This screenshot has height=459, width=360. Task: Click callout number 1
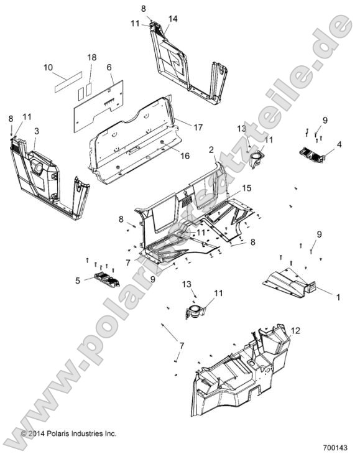point(338,297)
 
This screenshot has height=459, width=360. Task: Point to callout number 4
point(338,145)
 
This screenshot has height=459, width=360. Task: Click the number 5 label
point(78,280)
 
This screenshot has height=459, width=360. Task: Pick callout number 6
point(109,67)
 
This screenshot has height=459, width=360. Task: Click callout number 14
point(173,19)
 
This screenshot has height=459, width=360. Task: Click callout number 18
point(92,57)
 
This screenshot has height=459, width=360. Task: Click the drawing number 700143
point(335,447)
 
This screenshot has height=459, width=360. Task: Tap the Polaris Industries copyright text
point(68,433)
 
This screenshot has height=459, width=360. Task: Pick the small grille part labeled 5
point(106,280)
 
